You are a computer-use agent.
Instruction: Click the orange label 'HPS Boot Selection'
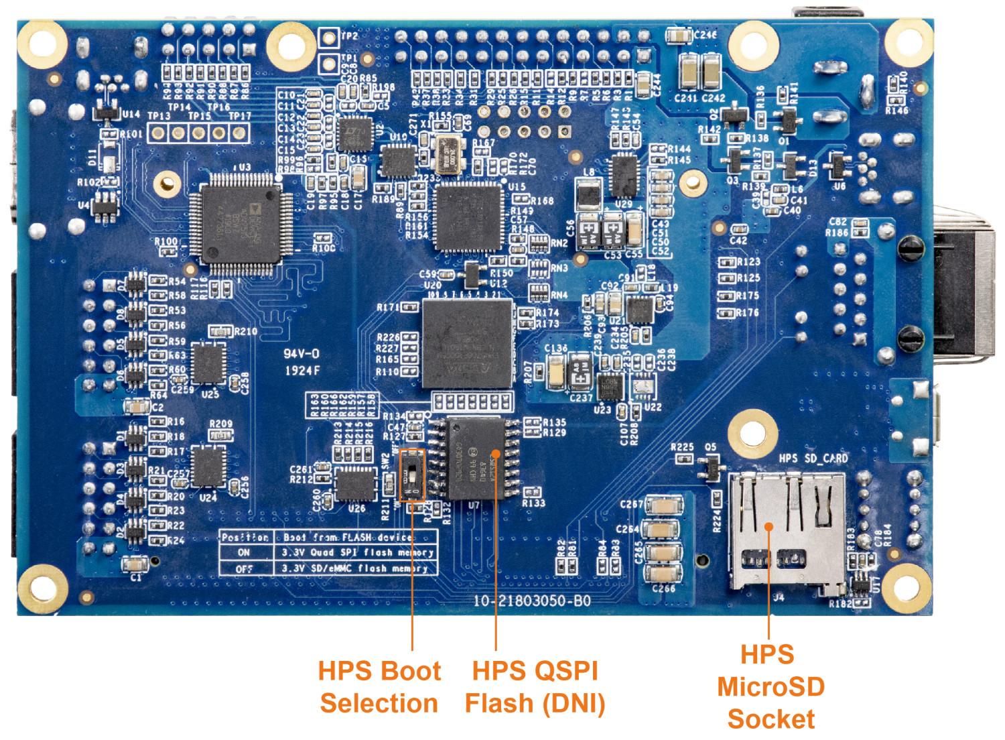pos(379,687)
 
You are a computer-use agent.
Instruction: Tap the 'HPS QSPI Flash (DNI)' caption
pos(535,687)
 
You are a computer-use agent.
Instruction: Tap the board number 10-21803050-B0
pos(532,601)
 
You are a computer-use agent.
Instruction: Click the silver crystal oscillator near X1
pos(443,155)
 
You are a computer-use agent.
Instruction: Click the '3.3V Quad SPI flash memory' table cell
pos(357,553)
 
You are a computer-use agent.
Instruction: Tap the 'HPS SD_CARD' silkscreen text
pos(814,458)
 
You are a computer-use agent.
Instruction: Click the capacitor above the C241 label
pos(688,71)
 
